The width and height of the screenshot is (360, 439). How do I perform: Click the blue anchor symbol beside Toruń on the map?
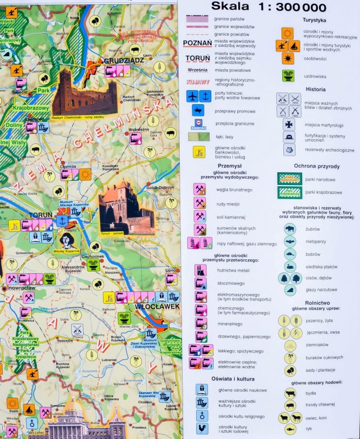click(61, 221)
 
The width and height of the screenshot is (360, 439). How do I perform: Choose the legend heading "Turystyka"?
click(314, 20)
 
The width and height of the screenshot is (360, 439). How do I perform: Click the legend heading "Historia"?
click(316, 90)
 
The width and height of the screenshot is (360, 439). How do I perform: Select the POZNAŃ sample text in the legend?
click(197, 43)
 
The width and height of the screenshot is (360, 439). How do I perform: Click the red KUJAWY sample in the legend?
click(197, 82)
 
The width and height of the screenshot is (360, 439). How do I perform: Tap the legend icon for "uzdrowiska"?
click(288, 75)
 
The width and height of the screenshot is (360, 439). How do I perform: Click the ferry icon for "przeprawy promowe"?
click(198, 109)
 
